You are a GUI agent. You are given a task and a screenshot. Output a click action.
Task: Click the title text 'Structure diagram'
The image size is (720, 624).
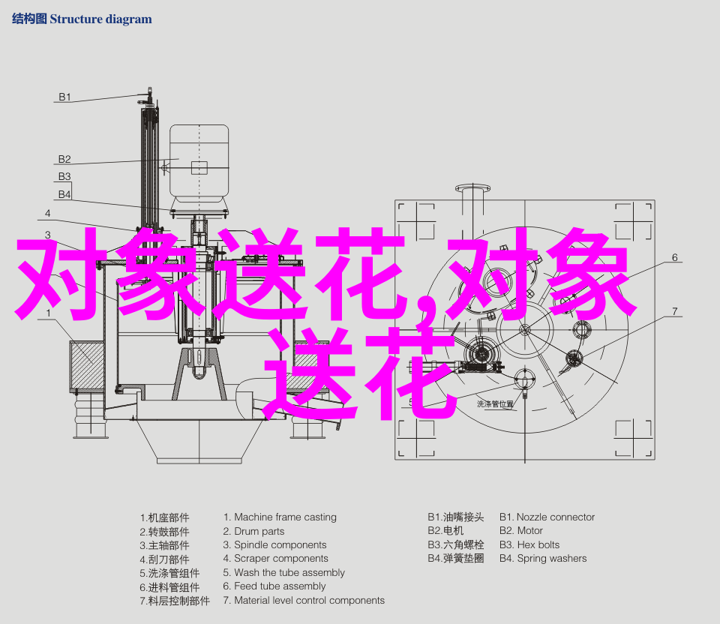click(100, 19)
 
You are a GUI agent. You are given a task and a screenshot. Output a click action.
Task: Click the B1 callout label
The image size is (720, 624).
click(64, 97)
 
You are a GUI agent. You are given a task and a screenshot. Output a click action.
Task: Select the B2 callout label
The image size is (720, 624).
click(64, 159)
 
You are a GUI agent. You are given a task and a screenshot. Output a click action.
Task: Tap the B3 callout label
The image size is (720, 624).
click(64, 176)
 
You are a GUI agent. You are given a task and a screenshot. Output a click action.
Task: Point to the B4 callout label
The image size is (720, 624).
click(64, 194)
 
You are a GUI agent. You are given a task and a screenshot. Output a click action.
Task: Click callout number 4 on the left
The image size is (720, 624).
click(48, 213)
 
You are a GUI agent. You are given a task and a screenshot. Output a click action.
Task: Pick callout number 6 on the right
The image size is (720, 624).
click(674, 257)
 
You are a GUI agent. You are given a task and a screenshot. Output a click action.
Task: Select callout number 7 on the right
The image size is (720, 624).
click(674, 311)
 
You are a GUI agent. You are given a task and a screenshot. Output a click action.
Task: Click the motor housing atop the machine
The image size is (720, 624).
click(199, 163)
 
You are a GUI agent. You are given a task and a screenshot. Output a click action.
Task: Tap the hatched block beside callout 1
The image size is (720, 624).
click(86, 365)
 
